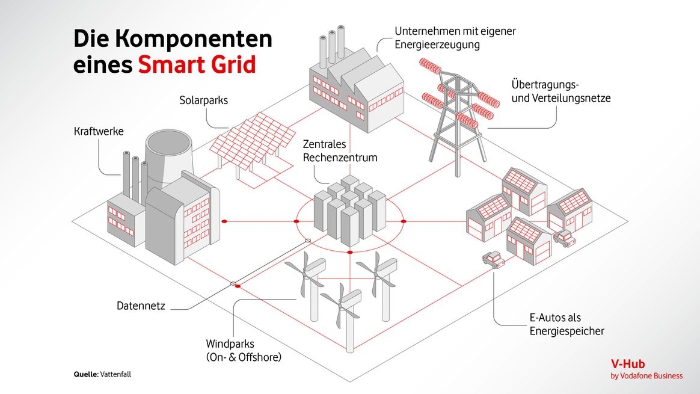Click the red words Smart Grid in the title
(x=197, y=64)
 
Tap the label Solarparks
(x=203, y=100)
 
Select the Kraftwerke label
(x=99, y=131)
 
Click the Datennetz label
(x=141, y=306)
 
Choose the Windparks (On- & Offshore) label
(x=244, y=351)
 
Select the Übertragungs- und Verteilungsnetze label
(x=560, y=91)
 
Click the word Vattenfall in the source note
(x=115, y=374)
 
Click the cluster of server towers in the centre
(x=349, y=208)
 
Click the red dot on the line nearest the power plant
(x=224, y=221)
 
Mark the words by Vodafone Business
(x=646, y=376)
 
